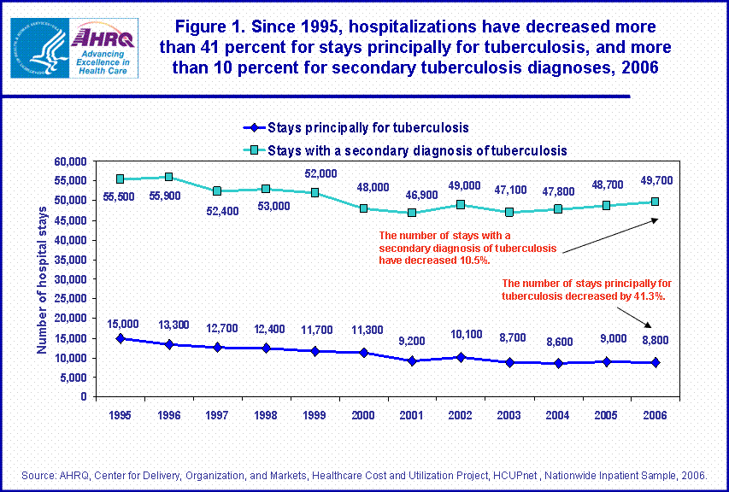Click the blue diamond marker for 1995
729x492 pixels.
[x=121, y=338]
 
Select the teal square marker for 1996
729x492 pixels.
[x=169, y=177]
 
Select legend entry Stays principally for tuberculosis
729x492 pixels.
[x=367, y=128]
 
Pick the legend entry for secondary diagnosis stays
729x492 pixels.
[x=417, y=150]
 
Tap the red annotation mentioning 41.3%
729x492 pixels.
[x=584, y=290]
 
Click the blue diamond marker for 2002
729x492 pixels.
[x=462, y=357]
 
